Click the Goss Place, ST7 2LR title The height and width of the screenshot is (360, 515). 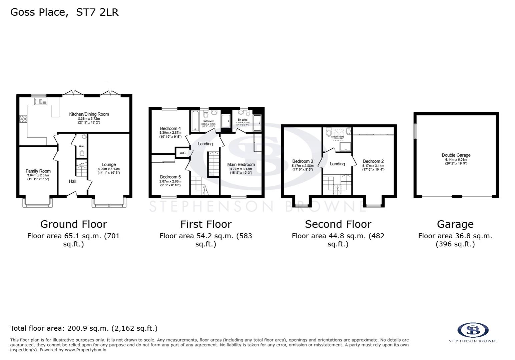pos(64,12)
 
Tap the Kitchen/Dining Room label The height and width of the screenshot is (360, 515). pos(89,114)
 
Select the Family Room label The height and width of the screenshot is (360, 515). pos(38,171)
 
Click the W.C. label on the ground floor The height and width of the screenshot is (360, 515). pos(81,146)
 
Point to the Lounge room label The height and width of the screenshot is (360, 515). pos(108,164)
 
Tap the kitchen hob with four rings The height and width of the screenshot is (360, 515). pos(23,119)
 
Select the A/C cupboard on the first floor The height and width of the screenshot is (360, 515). pos(182,153)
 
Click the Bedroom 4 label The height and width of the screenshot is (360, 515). pos(170,128)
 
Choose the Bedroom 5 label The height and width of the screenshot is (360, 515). pos(170,177)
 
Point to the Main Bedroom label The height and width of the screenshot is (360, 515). pos(241,164)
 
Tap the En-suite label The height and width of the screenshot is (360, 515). pos(242,120)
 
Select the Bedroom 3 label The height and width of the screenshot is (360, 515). pos(303,161)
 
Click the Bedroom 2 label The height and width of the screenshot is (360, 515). pos(373,161)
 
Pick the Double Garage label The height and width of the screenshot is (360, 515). pos(456,155)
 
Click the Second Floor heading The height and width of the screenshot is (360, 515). pos(338,224)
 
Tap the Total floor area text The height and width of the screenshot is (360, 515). pos(84,328)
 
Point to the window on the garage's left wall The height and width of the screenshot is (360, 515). pos(415,131)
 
